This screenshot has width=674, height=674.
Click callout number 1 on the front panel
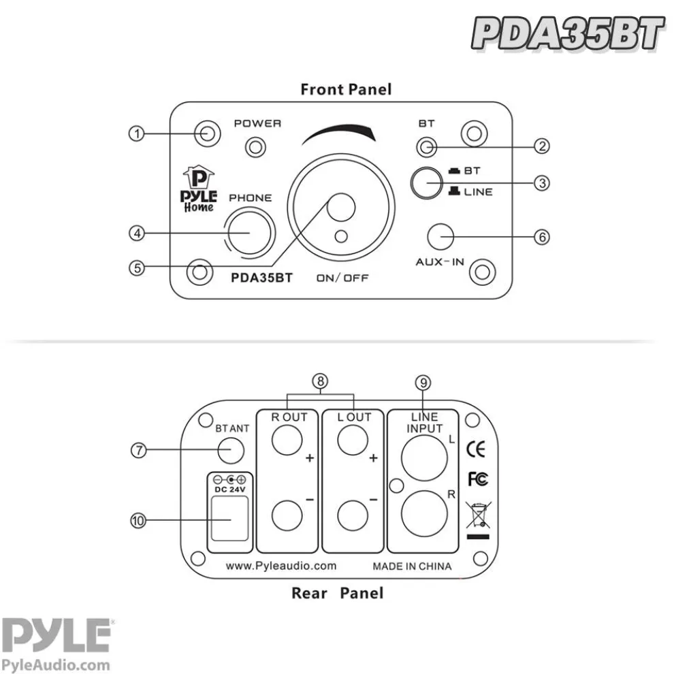coord(138,133)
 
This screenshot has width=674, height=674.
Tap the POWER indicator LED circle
coord(256,146)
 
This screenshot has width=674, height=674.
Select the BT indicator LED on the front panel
coord(426,146)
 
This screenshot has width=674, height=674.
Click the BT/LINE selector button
coord(426,182)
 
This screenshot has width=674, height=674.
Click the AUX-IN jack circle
coord(440,237)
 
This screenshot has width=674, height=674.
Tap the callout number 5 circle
coord(138,268)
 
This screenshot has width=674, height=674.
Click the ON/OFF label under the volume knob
coord(342,278)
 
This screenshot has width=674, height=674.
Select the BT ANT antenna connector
coord(231,450)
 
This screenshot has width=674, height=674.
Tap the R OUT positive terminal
coord(287,440)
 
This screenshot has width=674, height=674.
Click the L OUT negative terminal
coord(353,515)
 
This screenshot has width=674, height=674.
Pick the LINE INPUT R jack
coord(421,514)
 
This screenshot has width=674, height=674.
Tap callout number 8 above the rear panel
coord(321,382)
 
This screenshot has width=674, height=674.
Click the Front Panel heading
coord(346,89)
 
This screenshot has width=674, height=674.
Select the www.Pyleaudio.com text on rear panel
coord(281,566)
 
